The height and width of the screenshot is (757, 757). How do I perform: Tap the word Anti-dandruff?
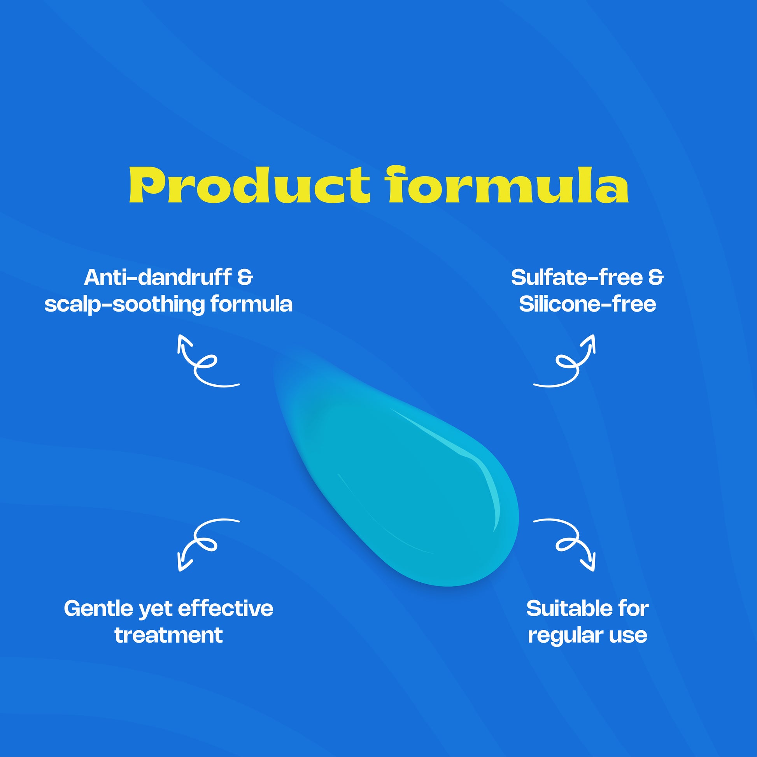coord(158,277)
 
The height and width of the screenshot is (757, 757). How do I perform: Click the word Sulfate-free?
coord(577,277)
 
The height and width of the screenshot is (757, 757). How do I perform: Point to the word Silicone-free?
coord(587,304)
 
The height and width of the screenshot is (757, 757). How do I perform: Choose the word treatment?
coord(168,635)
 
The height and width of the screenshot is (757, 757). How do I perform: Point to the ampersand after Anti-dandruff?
coord(245,278)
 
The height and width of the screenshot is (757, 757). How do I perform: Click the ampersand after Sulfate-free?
coord(656,278)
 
